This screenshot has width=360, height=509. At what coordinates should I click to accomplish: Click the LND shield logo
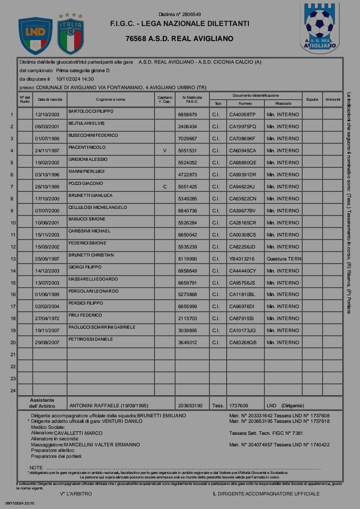[x=35, y=36]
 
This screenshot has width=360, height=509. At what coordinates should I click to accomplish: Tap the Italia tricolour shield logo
[x=71, y=35]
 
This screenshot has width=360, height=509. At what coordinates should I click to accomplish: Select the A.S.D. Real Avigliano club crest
[x=319, y=28]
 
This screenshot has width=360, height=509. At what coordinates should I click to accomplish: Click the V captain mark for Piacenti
[x=165, y=150]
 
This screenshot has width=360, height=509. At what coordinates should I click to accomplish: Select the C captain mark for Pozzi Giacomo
[x=165, y=186]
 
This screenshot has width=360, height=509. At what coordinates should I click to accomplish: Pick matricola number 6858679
[x=187, y=115]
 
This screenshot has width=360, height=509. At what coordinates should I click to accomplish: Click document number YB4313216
[x=242, y=259]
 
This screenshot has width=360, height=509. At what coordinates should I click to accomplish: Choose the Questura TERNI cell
[x=284, y=259]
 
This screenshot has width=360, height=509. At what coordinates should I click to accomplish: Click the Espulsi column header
[x=312, y=99]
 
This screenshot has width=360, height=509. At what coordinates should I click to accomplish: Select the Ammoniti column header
[x=333, y=99]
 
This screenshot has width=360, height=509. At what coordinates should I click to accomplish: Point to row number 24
[x=13, y=390]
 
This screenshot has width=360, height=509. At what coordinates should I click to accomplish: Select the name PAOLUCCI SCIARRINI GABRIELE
[x=102, y=327]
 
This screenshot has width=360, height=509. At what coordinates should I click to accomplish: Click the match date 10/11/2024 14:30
[x=75, y=79]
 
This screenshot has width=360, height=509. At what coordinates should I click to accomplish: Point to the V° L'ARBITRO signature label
[x=76, y=493]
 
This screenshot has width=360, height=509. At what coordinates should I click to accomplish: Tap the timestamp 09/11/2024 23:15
[x=20, y=502]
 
